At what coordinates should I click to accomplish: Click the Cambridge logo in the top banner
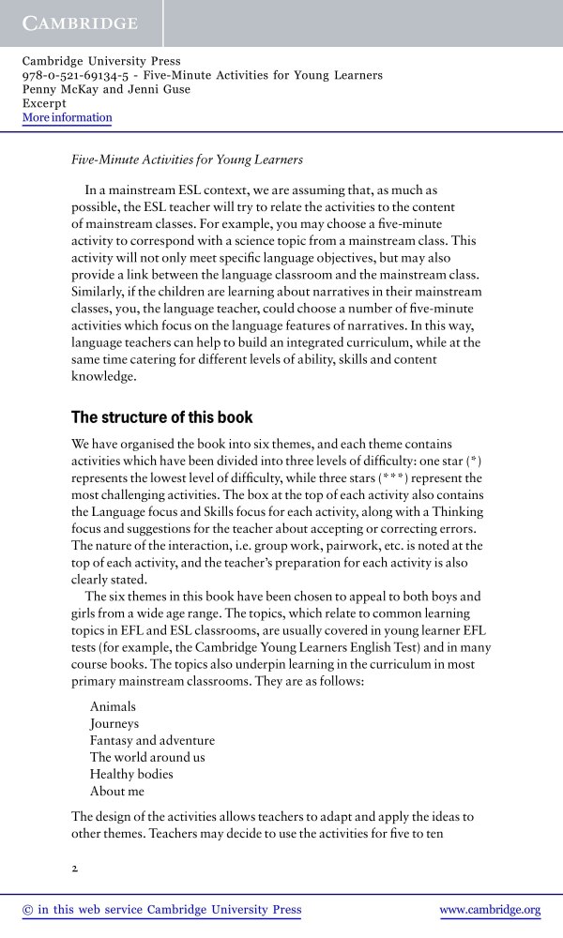(80, 23)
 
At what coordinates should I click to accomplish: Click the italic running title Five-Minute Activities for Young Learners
(188, 159)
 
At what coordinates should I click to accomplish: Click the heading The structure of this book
(162, 416)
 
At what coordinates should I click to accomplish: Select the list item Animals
(113, 707)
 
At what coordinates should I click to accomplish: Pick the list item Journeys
(114, 724)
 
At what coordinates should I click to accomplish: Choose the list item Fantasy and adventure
(152, 741)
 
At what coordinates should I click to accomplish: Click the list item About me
(117, 792)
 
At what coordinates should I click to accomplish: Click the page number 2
(75, 868)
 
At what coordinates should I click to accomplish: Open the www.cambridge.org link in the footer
(490, 910)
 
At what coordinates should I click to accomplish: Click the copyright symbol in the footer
(27, 910)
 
